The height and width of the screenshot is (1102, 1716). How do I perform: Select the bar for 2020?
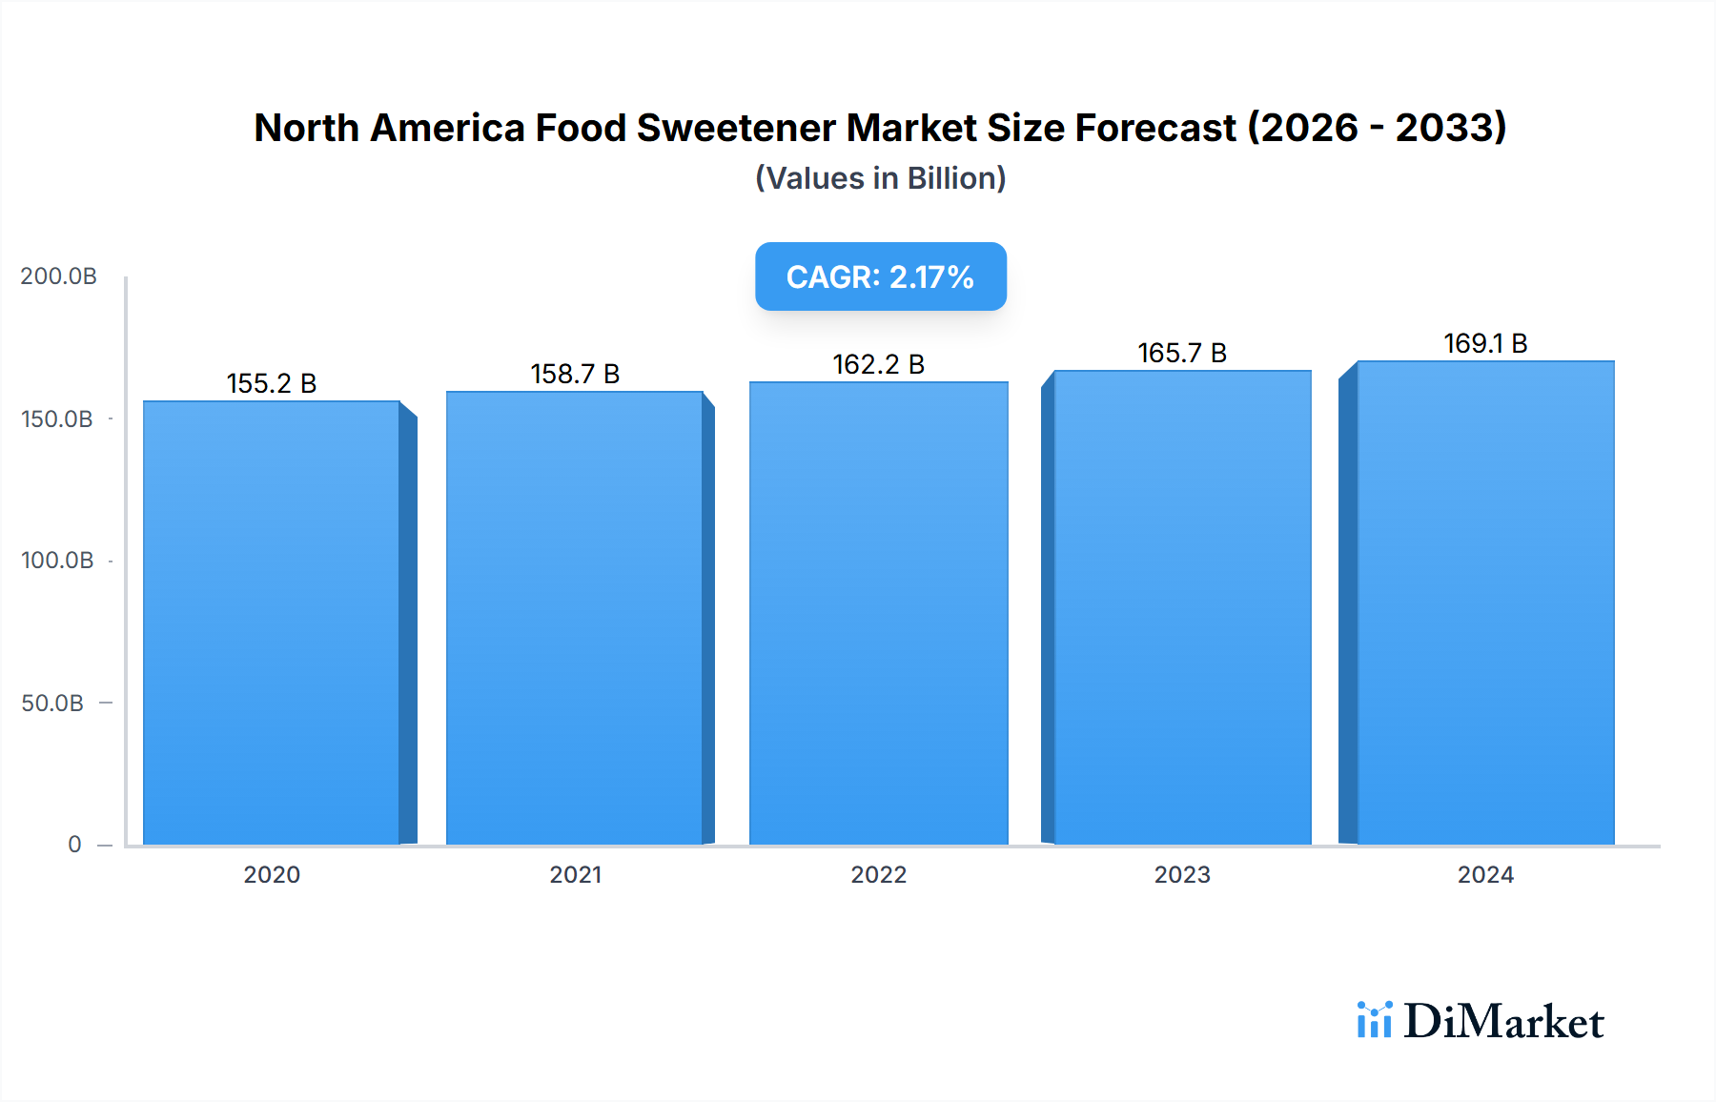[x=272, y=622]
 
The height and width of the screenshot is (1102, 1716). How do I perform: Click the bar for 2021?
[x=575, y=618]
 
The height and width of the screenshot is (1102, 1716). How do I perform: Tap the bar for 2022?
[x=879, y=613]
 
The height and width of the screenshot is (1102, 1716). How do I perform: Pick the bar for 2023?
[x=1182, y=607]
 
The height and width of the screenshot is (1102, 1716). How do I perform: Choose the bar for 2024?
[x=1485, y=602]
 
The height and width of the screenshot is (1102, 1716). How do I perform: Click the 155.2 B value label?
[x=272, y=383]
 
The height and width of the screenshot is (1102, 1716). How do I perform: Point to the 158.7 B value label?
[x=575, y=374]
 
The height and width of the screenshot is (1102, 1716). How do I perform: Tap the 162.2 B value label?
[x=879, y=364]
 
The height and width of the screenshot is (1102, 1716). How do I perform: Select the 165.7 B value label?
[x=1182, y=353]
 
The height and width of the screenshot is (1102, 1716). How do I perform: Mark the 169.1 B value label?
[x=1485, y=343]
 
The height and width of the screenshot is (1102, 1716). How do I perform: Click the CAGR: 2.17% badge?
[x=881, y=276]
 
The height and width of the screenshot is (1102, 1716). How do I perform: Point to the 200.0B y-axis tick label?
[x=58, y=276]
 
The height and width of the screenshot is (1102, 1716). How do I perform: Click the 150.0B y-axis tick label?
[x=57, y=418]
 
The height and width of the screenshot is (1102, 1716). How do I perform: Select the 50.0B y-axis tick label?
[x=52, y=703]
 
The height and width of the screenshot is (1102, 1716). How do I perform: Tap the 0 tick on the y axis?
[x=74, y=844]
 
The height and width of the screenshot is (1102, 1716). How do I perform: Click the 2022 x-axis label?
[x=879, y=874]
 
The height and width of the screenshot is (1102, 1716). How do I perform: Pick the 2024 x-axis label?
[x=1485, y=874]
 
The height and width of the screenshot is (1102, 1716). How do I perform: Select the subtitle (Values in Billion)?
[x=881, y=178]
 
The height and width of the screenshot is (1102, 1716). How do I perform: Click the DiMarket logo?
[x=1480, y=1021]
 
